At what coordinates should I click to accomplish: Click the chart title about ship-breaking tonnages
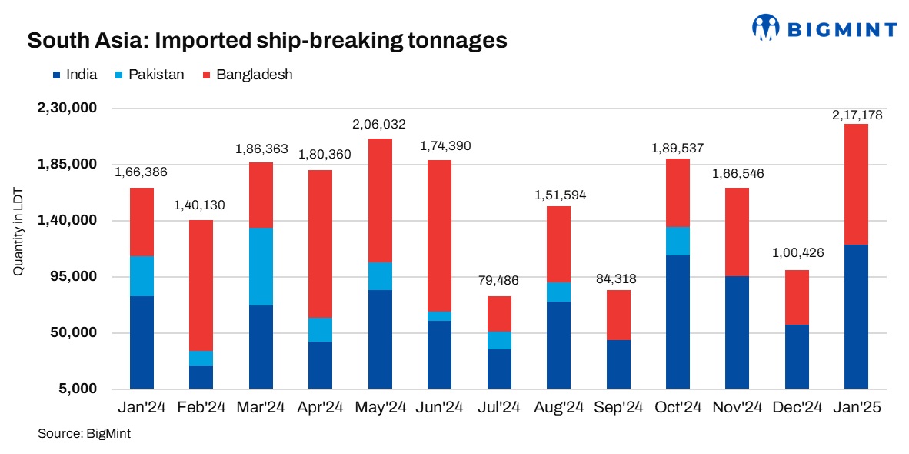pos(267,40)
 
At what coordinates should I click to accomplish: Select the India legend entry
pos(75,75)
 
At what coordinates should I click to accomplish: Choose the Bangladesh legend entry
pos(245,75)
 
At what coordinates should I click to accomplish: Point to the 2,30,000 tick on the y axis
pos(66,108)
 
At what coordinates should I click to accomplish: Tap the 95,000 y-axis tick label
pos(73,277)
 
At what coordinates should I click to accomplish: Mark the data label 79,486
pos(499,281)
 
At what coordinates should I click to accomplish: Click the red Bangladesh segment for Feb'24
pos(201,285)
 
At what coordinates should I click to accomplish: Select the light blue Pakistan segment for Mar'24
pos(261,266)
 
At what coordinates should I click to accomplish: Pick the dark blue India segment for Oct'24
pos(678,322)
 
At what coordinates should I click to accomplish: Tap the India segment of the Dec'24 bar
pos(797,356)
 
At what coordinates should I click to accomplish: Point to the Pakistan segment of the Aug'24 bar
pos(558,292)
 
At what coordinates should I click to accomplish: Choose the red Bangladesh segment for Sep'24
pos(618,315)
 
